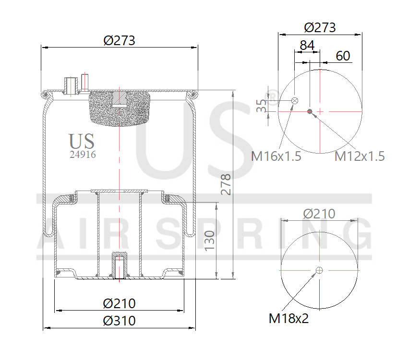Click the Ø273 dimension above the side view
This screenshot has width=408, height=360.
coord(120,40)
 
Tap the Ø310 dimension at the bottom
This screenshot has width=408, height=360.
coord(120,320)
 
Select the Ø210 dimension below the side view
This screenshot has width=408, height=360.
coord(120,303)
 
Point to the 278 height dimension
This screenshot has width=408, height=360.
coord(226,184)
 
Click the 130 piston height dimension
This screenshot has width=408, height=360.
coord(209,240)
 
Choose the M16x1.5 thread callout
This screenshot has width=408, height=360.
coord(276,156)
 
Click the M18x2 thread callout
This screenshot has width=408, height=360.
coord(288,318)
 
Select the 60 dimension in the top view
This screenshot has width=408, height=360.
coord(343,56)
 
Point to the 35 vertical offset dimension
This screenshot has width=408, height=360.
coord(261,106)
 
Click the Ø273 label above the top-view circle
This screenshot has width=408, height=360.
coord(320,27)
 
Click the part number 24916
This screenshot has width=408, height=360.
coord(83,155)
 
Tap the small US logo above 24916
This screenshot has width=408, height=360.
coord(82,141)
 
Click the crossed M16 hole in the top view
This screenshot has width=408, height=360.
coord(295,100)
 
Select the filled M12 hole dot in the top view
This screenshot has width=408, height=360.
coord(310,112)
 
